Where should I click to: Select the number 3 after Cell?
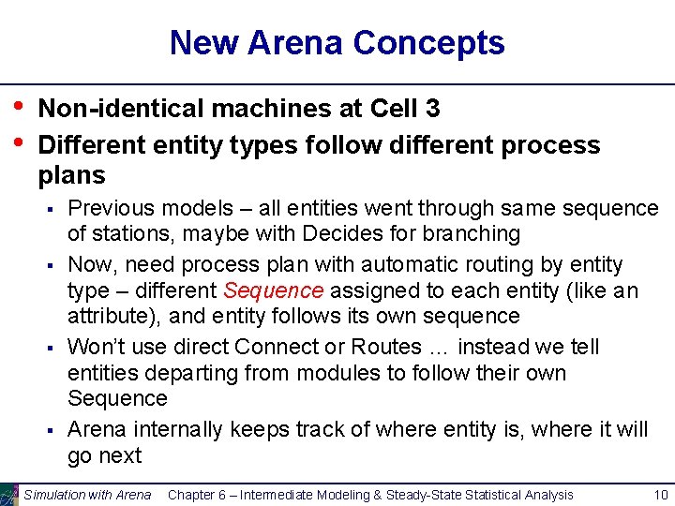click(432, 109)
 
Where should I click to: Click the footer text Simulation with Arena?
click(87, 494)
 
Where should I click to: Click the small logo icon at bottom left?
click(9, 494)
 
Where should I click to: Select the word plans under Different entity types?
click(71, 175)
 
